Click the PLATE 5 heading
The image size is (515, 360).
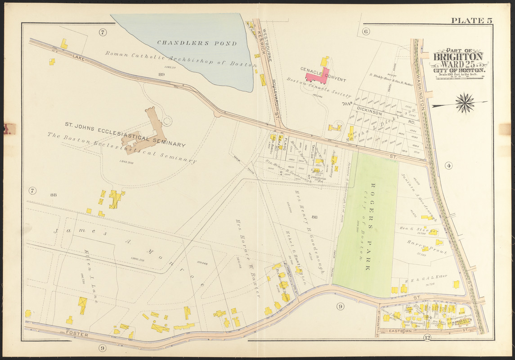(x=471, y=21)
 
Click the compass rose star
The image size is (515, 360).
(x=465, y=103)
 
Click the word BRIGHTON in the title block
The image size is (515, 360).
(x=458, y=57)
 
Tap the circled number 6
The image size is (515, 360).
(x=365, y=31)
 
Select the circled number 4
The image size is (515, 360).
(x=448, y=166)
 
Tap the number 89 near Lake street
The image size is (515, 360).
(x=161, y=74)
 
